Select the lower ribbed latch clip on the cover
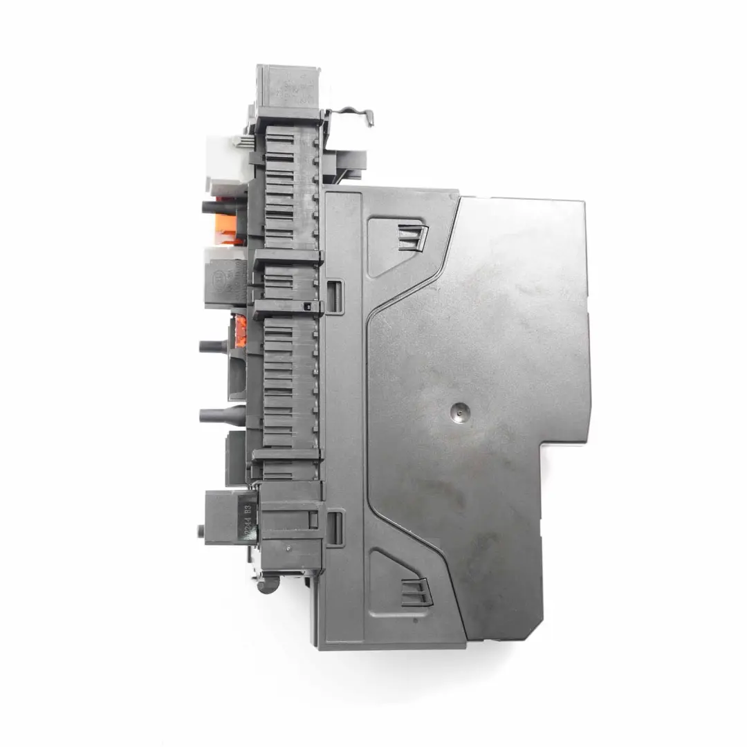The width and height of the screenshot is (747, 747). [x=414, y=592]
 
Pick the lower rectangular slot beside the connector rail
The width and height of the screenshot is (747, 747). [x=334, y=527]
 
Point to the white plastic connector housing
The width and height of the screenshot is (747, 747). [x=223, y=158]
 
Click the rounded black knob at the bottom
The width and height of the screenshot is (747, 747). [x=265, y=586]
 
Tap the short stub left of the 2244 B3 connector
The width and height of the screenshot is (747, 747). [x=200, y=532]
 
